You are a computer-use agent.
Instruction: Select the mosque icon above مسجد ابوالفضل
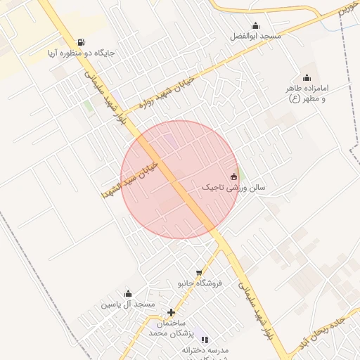tap(255, 25)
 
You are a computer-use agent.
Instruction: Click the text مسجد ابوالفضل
tap(258, 36)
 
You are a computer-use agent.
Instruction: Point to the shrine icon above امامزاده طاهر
tap(306, 78)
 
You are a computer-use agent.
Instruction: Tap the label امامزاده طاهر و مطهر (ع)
tap(307, 94)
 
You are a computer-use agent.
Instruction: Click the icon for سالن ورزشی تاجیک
tap(233, 176)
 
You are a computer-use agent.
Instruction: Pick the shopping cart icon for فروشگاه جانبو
tap(200, 273)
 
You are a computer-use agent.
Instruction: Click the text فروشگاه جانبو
tap(199, 283)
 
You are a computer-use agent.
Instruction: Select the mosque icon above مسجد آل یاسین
tap(128, 294)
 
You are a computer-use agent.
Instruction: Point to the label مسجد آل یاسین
tap(127, 304)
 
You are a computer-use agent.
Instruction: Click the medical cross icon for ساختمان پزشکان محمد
tap(171, 312)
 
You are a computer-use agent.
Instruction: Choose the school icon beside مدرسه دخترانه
tap(205, 340)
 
